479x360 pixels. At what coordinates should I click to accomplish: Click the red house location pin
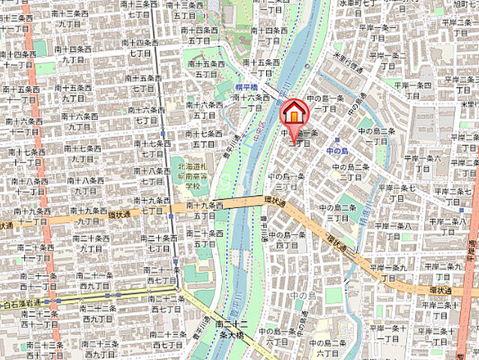[294, 114]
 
